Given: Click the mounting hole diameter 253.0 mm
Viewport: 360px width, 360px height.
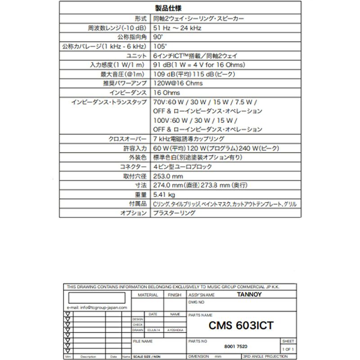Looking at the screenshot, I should click(x=168, y=176).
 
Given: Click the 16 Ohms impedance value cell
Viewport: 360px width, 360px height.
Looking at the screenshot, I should click(x=166, y=93).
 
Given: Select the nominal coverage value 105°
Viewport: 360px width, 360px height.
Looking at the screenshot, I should click(x=157, y=46).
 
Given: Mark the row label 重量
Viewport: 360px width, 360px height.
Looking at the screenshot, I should click(x=140, y=195).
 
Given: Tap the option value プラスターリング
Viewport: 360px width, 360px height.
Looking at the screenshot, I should click(x=175, y=214).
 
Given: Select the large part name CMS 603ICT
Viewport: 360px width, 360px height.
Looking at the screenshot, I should click(x=241, y=324).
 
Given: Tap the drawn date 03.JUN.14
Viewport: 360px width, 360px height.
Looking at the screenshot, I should click(x=153, y=329).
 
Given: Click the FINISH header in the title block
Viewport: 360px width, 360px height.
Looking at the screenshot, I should click(x=174, y=295).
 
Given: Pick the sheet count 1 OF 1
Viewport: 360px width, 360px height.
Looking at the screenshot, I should click(x=288, y=349).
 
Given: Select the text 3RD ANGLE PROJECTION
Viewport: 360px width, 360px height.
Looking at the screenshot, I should click(x=269, y=356).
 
